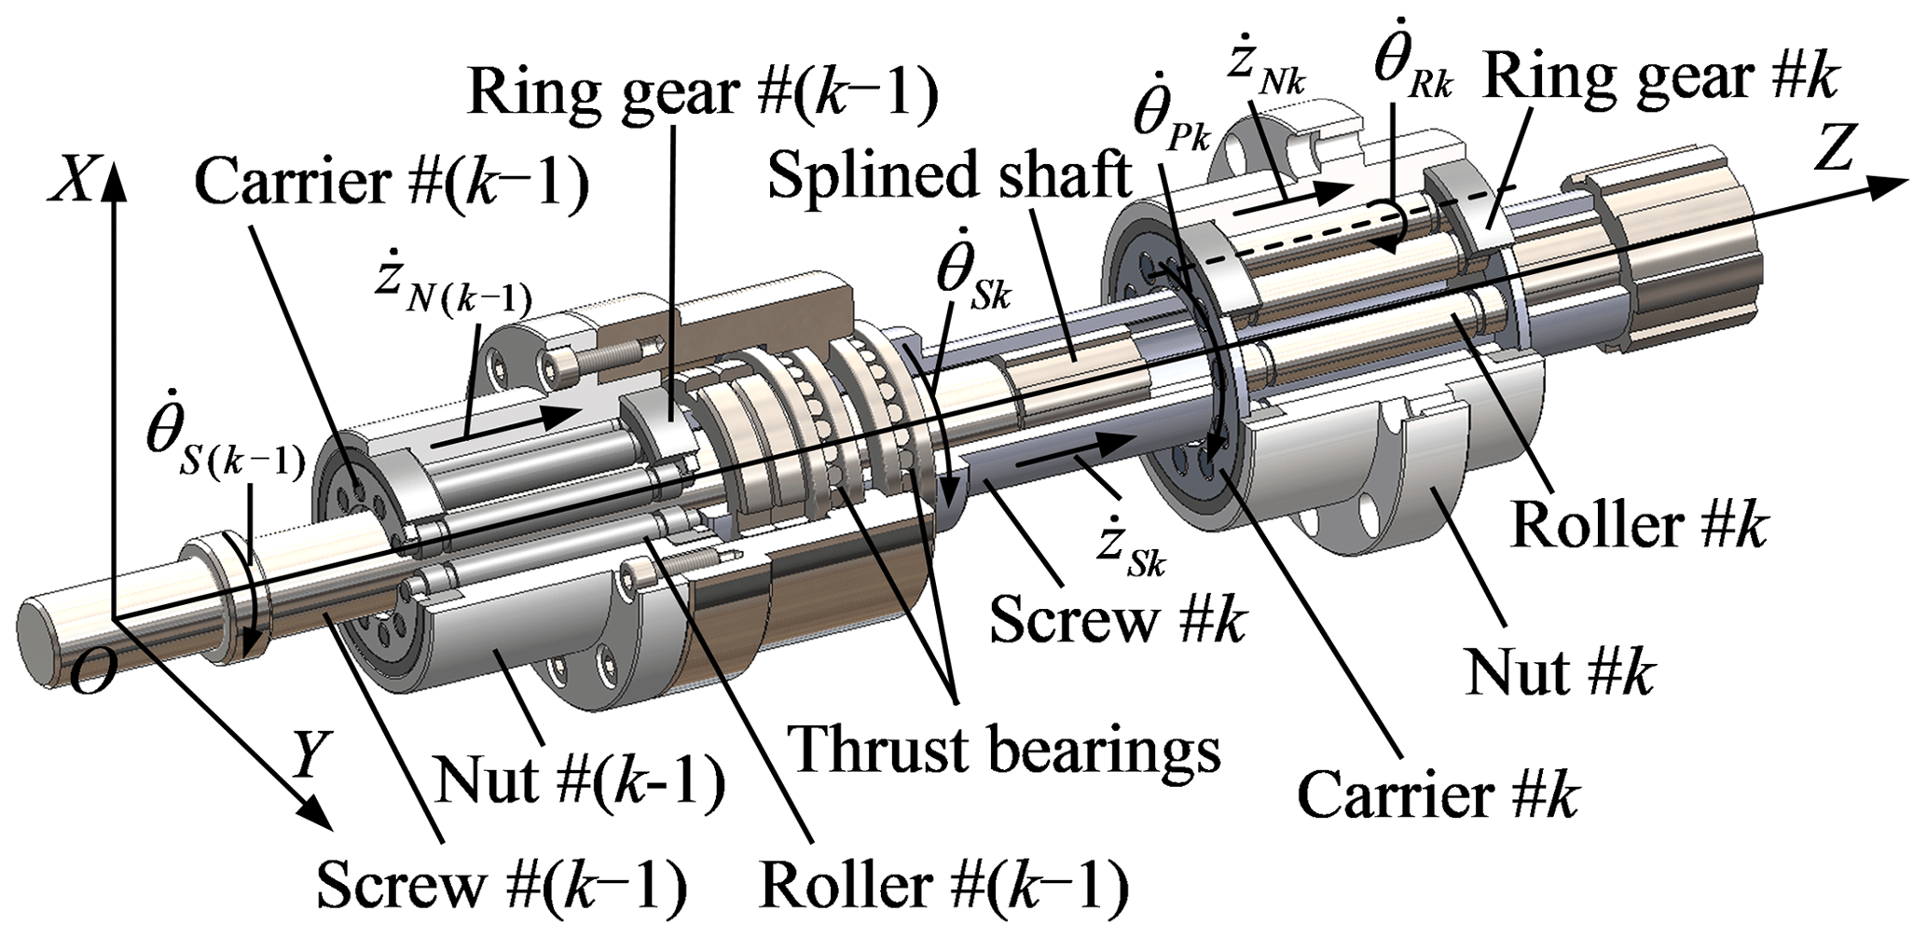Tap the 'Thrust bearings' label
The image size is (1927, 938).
tap(1004, 751)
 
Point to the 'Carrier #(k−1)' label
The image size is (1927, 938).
tap(392, 182)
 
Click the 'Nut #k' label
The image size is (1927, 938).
tap(1559, 671)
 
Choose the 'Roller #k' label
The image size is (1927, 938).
tap(1638, 525)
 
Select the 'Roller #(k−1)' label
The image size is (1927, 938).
tap(943, 884)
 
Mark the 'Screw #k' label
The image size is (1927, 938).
tap(1117, 618)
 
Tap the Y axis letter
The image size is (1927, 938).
tap(308, 753)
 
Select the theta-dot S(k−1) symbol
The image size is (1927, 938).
tap(224, 449)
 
